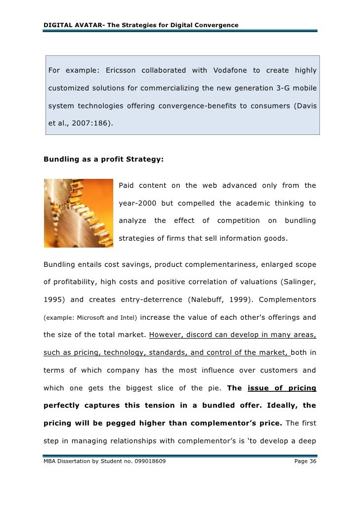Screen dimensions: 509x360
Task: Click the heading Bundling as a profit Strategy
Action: click(x=103, y=160)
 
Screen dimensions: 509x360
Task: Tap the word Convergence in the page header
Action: click(x=217, y=25)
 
